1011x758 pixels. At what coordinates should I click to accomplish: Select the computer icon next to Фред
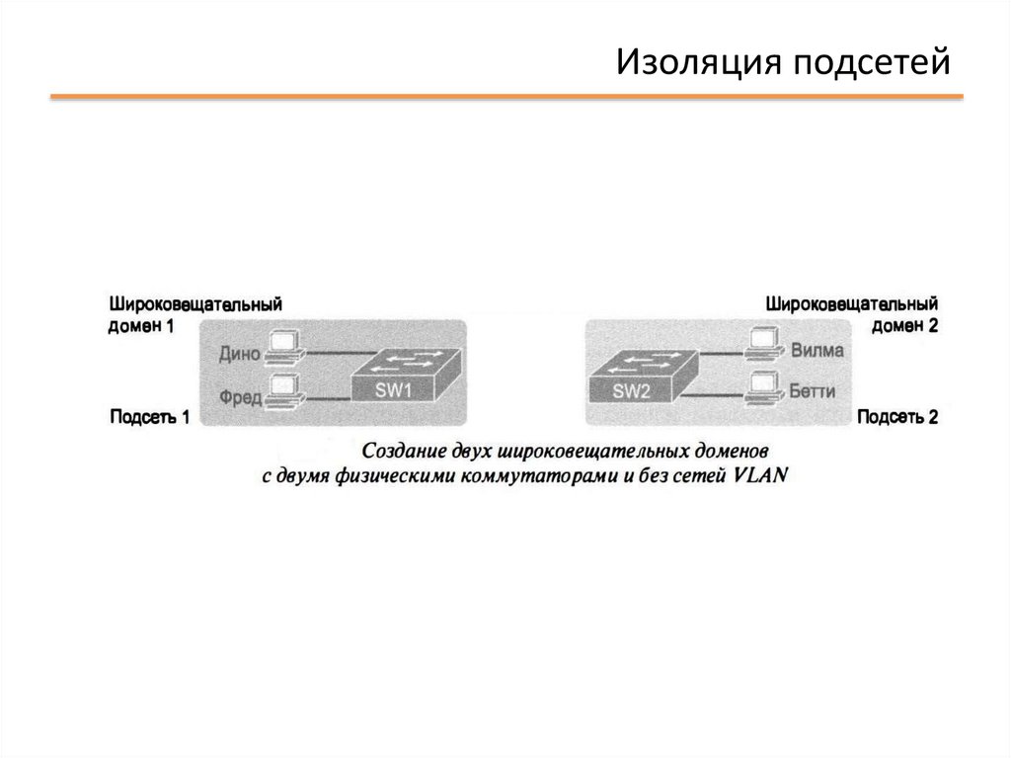click(x=285, y=391)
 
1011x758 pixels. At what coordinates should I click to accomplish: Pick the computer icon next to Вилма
click(x=764, y=343)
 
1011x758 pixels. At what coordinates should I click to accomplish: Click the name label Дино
click(x=240, y=351)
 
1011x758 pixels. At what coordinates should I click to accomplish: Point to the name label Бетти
click(x=813, y=391)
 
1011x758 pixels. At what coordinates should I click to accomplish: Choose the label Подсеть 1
click(x=149, y=418)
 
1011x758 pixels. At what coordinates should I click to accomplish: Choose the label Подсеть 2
click(x=897, y=418)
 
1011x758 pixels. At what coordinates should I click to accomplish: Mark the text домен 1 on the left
click(x=141, y=326)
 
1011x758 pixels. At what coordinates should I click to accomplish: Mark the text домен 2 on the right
click(x=904, y=326)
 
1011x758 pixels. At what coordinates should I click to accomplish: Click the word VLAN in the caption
click(x=760, y=474)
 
